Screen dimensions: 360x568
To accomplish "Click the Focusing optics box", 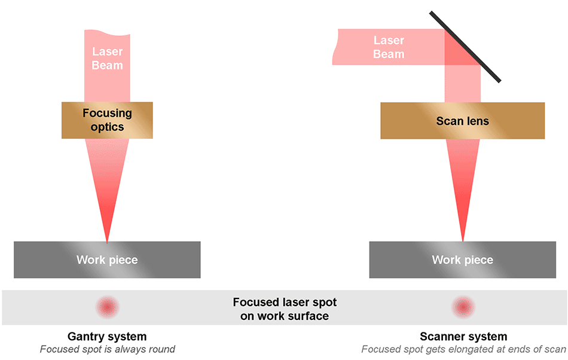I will pyautogui.click(x=107, y=120).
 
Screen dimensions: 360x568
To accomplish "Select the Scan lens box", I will pyautogui.click(x=462, y=121).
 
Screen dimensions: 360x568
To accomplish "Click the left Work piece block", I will pyautogui.click(x=107, y=260).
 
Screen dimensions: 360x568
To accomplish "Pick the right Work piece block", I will pyautogui.click(x=462, y=260).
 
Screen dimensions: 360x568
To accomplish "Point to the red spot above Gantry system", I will pyautogui.click(x=108, y=307).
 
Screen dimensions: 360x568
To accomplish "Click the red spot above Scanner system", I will pyautogui.click(x=463, y=307).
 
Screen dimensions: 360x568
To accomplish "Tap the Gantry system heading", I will pyautogui.click(x=107, y=337).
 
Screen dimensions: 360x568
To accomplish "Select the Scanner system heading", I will pyautogui.click(x=463, y=337).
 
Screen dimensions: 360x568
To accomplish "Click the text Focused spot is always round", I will pyautogui.click(x=107, y=349).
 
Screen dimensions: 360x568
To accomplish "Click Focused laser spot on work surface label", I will pyautogui.click(x=285, y=309).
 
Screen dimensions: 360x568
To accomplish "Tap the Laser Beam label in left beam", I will pyautogui.click(x=107, y=59).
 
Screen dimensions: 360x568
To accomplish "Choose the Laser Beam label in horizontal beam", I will pyautogui.click(x=389, y=47).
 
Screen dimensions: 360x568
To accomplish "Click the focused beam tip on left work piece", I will pyautogui.click(x=107, y=241).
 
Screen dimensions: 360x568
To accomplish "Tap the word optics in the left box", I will pyautogui.click(x=107, y=127).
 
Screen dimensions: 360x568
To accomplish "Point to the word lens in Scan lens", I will pyautogui.click(x=477, y=121).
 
